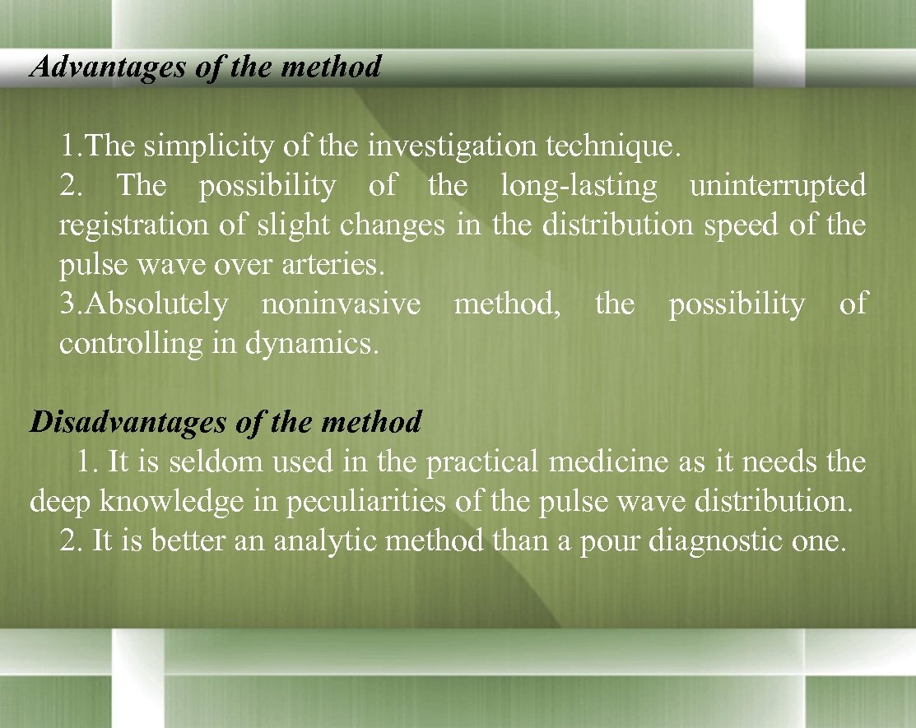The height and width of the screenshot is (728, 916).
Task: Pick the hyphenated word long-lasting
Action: pyautogui.click(x=579, y=187)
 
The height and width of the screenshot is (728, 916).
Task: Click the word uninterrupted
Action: pyautogui.click(x=778, y=187)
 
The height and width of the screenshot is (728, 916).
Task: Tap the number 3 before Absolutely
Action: pyautogui.click(x=67, y=304)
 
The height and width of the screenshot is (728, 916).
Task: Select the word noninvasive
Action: pyautogui.click(x=340, y=304)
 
